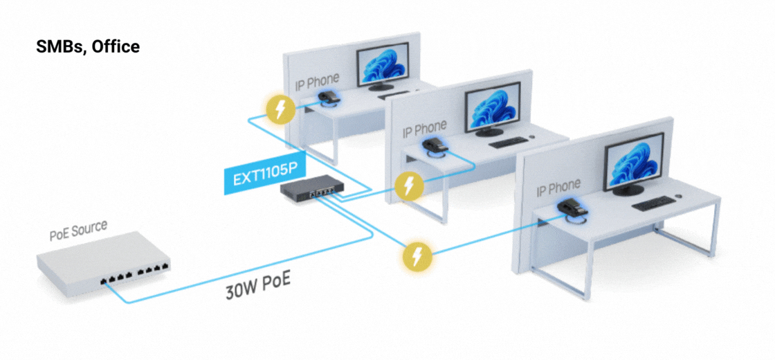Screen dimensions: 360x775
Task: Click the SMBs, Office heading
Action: (87, 47)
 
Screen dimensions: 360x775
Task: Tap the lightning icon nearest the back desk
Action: (280, 109)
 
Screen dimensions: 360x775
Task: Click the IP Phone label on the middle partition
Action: (425, 129)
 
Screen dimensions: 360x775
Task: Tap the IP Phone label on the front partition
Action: (558, 186)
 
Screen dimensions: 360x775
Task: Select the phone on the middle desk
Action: (434, 145)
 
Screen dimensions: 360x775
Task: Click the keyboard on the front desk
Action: (653, 204)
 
